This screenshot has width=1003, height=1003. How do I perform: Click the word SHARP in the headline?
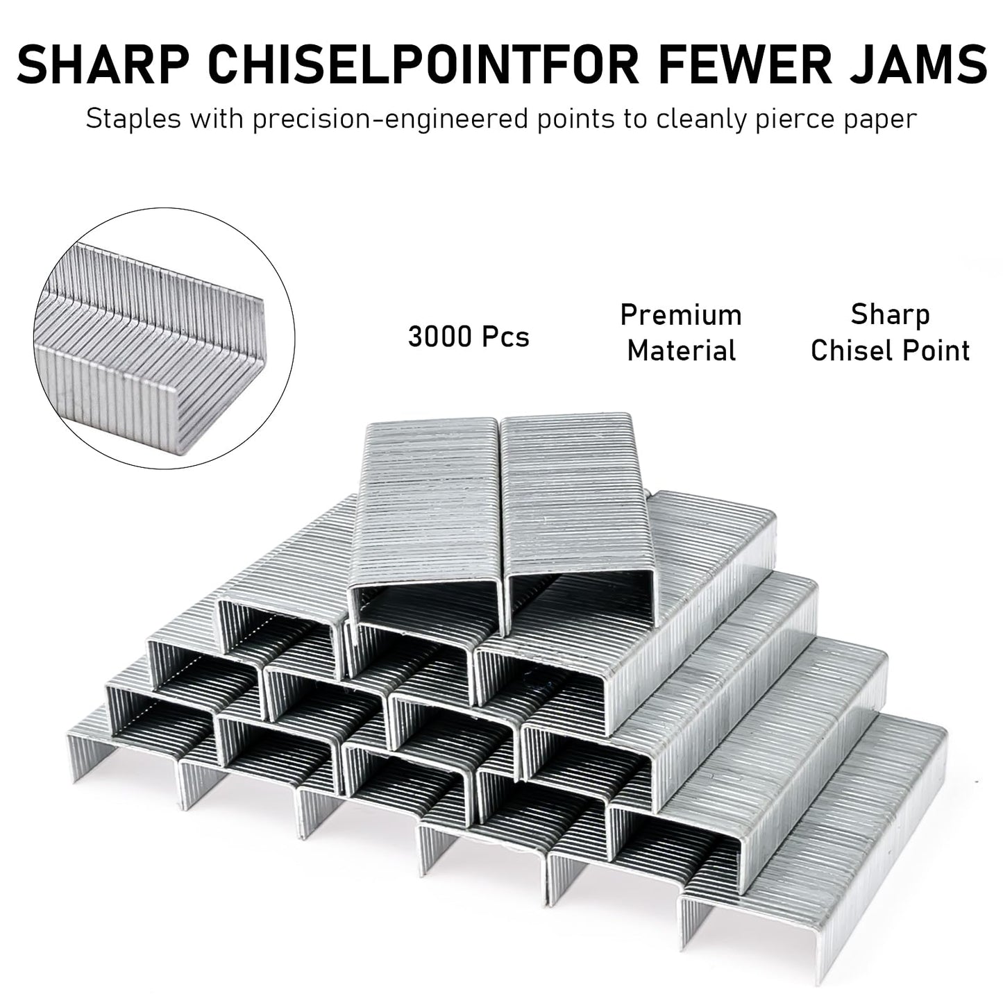[x=103, y=65]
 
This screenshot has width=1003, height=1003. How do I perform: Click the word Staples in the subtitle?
[x=133, y=119]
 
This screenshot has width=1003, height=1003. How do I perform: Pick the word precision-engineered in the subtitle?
[x=391, y=120]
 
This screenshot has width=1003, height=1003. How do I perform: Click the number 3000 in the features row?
[x=440, y=336]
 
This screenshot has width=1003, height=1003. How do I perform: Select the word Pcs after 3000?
[x=505, y=336]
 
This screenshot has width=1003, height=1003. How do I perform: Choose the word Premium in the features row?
[x=681, y=315]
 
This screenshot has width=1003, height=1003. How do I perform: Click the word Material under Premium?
[x=682, y=351]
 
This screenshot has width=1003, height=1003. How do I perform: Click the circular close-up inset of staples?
[x=165, y=338]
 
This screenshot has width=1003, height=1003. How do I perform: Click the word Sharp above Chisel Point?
[x=890, y=316]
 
